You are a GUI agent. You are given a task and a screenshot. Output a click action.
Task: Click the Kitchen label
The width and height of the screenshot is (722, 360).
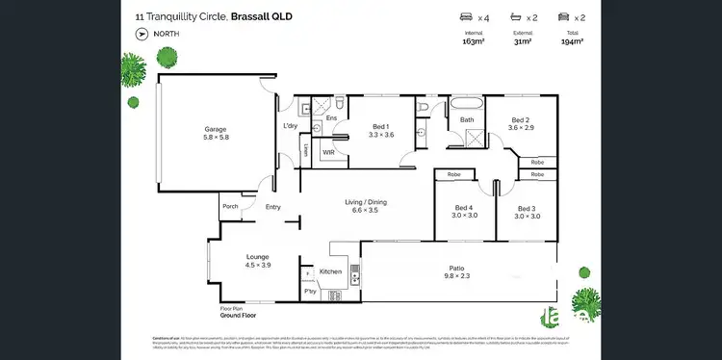point(330,272)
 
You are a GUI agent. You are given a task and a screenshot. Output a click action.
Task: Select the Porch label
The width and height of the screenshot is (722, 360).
point(230,206)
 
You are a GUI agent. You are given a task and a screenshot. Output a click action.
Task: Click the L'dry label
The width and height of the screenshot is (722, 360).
point(289,126)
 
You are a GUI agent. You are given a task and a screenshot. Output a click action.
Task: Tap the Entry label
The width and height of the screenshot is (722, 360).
point(273,207)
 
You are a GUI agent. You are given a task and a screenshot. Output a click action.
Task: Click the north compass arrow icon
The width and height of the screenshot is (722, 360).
point(142,33)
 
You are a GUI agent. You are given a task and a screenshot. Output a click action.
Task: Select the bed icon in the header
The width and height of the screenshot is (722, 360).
point(469,17)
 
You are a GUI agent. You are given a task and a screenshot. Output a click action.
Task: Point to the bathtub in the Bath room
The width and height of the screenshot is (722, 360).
point(467,103)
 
